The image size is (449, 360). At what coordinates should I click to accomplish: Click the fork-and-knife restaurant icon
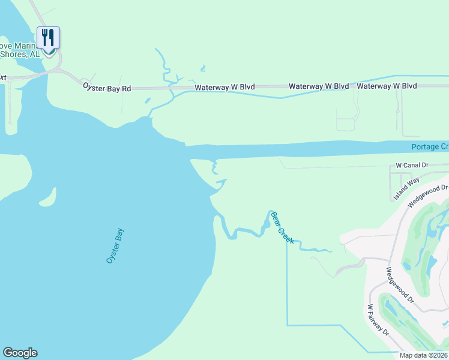coord(49,38)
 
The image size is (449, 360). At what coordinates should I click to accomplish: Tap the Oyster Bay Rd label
coord(107,88)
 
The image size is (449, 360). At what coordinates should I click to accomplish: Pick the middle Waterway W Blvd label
coord(319,86)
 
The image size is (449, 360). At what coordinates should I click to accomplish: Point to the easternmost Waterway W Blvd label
coord(387,86)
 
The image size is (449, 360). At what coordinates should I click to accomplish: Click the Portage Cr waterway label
coord(430,147)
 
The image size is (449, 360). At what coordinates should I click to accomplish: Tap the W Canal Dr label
coord(415,164)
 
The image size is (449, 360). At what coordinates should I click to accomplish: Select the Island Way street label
coord(406,188)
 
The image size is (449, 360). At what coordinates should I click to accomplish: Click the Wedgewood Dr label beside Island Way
coord(427,196)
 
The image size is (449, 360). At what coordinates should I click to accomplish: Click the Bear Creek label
coord(282,227)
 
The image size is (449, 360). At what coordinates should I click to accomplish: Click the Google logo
coord(20,353)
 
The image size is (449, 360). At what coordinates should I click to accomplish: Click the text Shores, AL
coord(21,53)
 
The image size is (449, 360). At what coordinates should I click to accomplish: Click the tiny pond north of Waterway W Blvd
coord(203,68)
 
